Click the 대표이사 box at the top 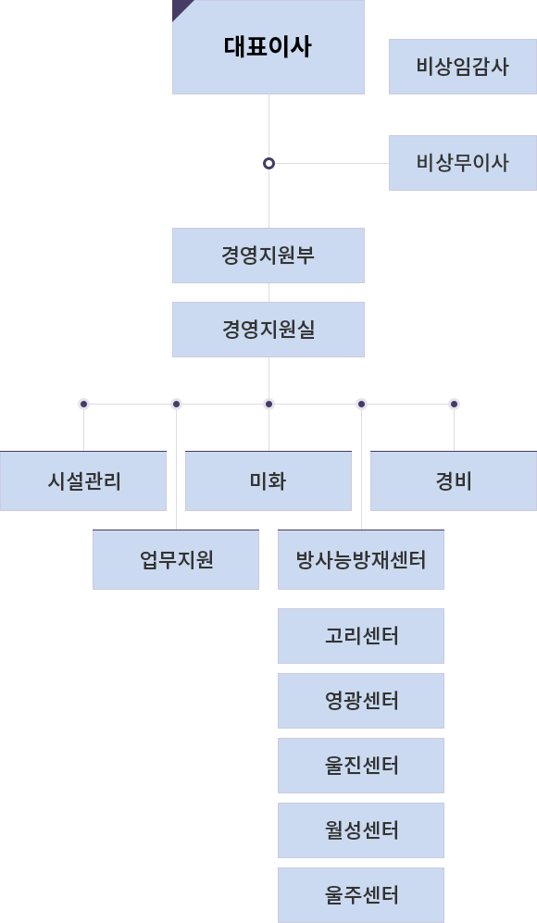[x=268, y=47]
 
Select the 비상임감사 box [x=463, y=67]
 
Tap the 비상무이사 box [x=463, y=163]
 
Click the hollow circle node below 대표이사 [x=268, y=163]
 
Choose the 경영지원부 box [x=268, y=256]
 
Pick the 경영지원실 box [x=268, y=330]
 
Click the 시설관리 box [x=83, y=480]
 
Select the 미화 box [x=268, y=480]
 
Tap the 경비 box [x=454, y=480]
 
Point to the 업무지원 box [x=176, y=560]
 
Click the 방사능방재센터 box [x=361, y=560]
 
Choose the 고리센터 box [x=361, y=636]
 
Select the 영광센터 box [x=361, y=701]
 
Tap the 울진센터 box [x=361, y=766]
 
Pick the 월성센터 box [x=361, y=830]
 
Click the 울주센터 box [x=361, y=895]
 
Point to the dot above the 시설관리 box [x=83, y=404]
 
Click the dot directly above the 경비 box [x=454, y=404]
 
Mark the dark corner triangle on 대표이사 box [x=179, y=6]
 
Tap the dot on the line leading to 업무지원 [x=176, y=404]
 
